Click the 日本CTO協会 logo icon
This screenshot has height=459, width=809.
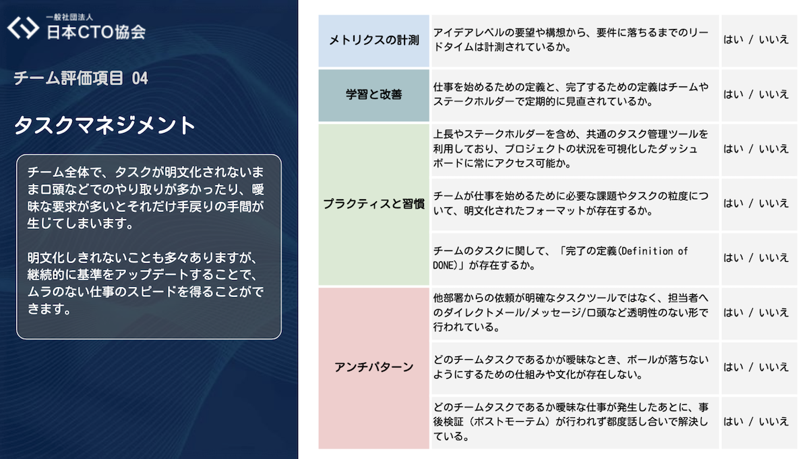(23, 28)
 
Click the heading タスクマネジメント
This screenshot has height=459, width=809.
(104, 126)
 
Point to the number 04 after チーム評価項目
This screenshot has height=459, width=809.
(140, 78)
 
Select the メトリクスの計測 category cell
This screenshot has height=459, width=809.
(373, 40)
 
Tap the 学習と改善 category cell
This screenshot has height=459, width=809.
(373, 94)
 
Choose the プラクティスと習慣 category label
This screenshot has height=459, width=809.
(373, 204)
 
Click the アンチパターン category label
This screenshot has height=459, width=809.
(373, 367)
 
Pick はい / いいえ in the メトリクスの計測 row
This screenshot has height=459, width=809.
(755, 39)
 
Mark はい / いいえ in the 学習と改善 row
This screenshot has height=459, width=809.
(755, 94)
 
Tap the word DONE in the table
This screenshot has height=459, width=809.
(446, 265)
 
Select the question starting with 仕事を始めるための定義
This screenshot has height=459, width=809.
(570, 94)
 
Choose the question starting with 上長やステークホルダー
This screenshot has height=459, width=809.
(570, 148)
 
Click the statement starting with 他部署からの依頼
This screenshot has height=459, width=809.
(570, 313)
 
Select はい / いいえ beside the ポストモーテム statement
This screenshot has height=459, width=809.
(755, 422)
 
